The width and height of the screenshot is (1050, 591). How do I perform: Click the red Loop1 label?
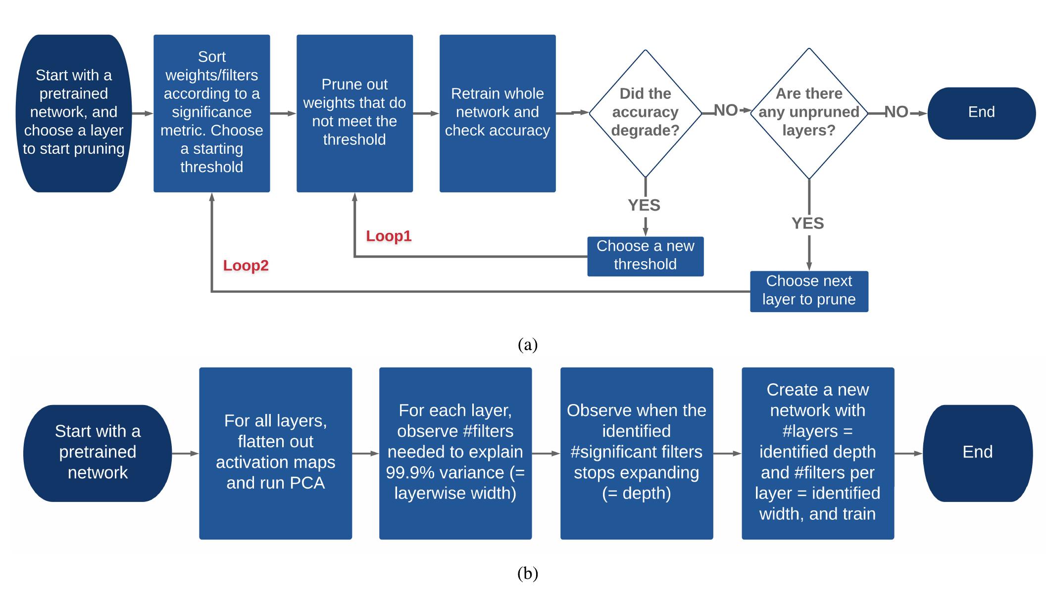389,236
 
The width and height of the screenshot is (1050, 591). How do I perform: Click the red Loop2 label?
246,266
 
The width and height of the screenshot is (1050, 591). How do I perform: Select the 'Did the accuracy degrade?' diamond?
645,113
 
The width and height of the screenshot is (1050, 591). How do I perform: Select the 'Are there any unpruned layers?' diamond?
809,113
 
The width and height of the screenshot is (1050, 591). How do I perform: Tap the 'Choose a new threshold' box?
645,256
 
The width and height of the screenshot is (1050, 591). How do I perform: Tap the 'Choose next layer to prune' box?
809,291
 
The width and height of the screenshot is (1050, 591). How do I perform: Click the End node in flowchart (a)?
981,113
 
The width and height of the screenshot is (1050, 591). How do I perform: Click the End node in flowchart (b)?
977,453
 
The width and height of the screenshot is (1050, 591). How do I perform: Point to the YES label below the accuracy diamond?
644,205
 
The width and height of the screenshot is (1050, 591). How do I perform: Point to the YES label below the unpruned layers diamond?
807,224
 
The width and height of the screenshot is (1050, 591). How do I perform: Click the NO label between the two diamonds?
726,111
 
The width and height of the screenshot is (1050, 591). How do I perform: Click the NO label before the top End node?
896,112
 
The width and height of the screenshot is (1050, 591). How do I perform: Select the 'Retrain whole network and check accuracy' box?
498,113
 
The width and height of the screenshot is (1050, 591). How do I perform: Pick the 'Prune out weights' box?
354,113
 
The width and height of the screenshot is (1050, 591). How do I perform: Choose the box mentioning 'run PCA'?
275,453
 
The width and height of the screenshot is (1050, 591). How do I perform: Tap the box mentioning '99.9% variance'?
455,453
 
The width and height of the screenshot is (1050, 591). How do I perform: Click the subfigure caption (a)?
527,345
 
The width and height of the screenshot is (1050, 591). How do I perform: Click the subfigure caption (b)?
527,574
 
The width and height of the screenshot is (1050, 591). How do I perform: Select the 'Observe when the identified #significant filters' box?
636,453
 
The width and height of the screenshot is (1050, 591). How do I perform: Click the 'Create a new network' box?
817,453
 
